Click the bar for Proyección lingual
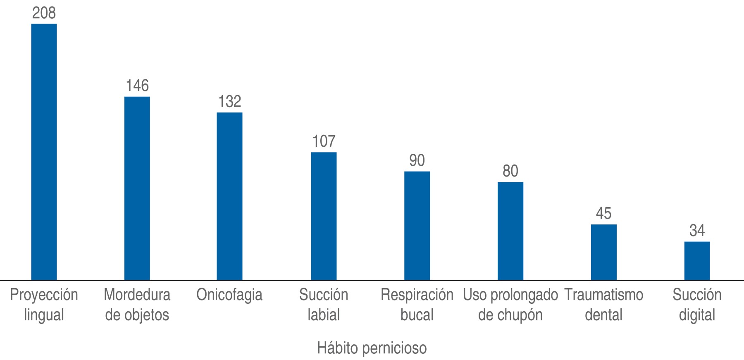(44, 152)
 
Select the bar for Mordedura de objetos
(137, 188)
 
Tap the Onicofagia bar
(229, 196)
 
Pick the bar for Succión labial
(324, 216)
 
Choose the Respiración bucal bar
(417, 225)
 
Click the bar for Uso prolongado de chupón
(510, 231)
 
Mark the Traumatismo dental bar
(603, 252)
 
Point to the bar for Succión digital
(697, 261)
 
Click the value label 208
(44, 13)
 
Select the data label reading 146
(137, 86)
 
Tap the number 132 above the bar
(229, 102)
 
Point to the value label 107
(324, 141)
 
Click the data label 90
(417, 160)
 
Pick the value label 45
(603, 213)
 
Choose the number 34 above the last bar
(697, 230)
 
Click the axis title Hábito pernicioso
(372, 348)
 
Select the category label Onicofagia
(229, 295)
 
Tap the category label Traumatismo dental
(603, 305)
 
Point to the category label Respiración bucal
(417, 305)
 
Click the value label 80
(510, 171)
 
